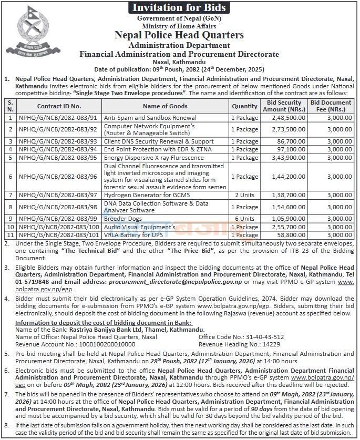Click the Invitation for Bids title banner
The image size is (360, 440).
tap(179, 7)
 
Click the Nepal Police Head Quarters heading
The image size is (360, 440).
tap(179, 35)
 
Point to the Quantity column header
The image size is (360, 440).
tap(244, 106)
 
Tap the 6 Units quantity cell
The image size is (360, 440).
tap(244, 218)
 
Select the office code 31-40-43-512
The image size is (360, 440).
tap(262, 336)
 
